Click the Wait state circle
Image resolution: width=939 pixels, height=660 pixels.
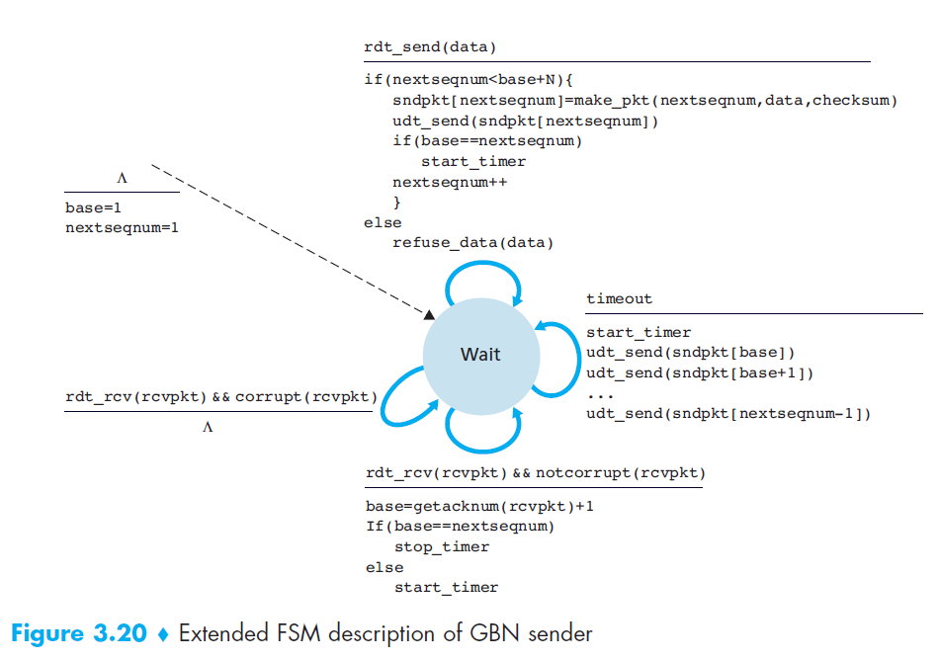pyautogui.click(x=480, y=355)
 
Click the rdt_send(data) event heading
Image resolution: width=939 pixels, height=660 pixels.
pyautogui.click(x=430, y=47)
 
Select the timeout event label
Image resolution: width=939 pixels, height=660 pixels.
pyautogui.click(x=619, y=299)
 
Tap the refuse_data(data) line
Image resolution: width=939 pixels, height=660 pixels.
pyautogui.click(x=472, y=242)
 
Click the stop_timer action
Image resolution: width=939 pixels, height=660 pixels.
pyautogui.click(x=442, y=546)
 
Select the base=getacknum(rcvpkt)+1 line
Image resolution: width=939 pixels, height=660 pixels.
pyautogui.click(x=478, y=506)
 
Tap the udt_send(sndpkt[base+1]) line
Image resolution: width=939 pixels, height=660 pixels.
pyautogui.click(x=698, y=372)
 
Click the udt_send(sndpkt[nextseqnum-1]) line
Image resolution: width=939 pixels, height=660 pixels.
pyautogui.click(x=727, y=413)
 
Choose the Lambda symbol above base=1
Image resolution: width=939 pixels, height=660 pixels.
pyautogui.click(x=122, y=179)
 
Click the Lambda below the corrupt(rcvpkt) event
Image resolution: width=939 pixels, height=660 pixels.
pyautogui.click(x=208, y=428)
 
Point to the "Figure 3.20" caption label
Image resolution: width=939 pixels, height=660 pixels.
pyautogui.click(x=78, y=633)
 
